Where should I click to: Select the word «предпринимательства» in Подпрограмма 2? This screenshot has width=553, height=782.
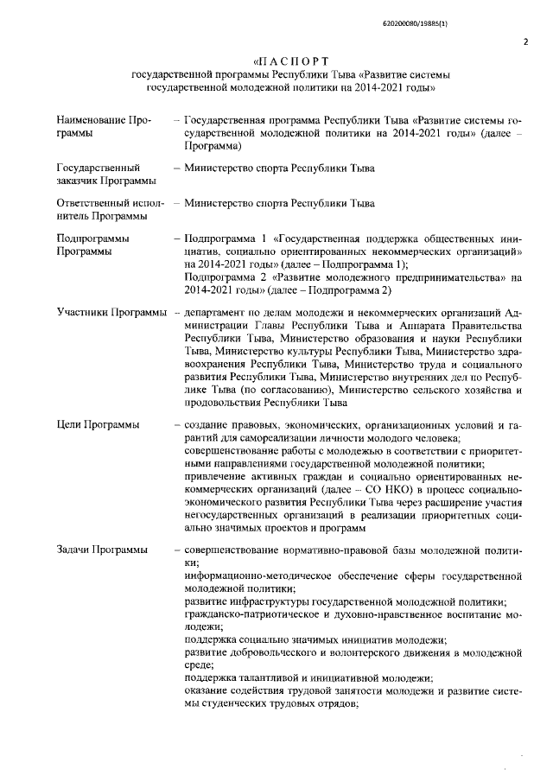coord(429,278)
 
